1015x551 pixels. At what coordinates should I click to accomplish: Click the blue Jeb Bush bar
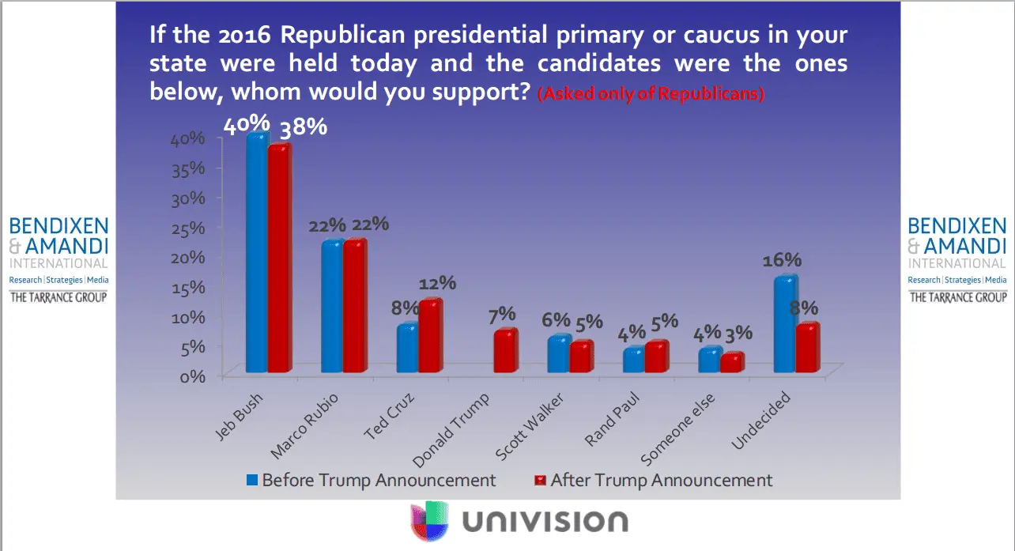tap(256, 253)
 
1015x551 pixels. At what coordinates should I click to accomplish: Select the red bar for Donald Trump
tap(504, 351)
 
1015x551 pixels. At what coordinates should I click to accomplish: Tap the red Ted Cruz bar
tap(429, 336)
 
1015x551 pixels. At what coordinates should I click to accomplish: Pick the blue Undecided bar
tap(784, 324)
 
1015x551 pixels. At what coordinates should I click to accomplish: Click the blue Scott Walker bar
tap(558, 354)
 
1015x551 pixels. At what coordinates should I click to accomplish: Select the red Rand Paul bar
tap(655, 357)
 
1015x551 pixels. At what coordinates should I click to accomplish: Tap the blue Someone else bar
tap(709, 360)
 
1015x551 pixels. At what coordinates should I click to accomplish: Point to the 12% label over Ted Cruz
tap(438, 283)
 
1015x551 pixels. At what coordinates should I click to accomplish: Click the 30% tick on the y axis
tap(189, 198)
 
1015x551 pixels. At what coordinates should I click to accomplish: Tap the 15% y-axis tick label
tap(189, 287)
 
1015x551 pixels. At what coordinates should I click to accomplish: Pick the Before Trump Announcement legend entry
tap(371, 480)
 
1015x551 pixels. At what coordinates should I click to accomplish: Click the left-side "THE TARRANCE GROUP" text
tap(58, 297)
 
